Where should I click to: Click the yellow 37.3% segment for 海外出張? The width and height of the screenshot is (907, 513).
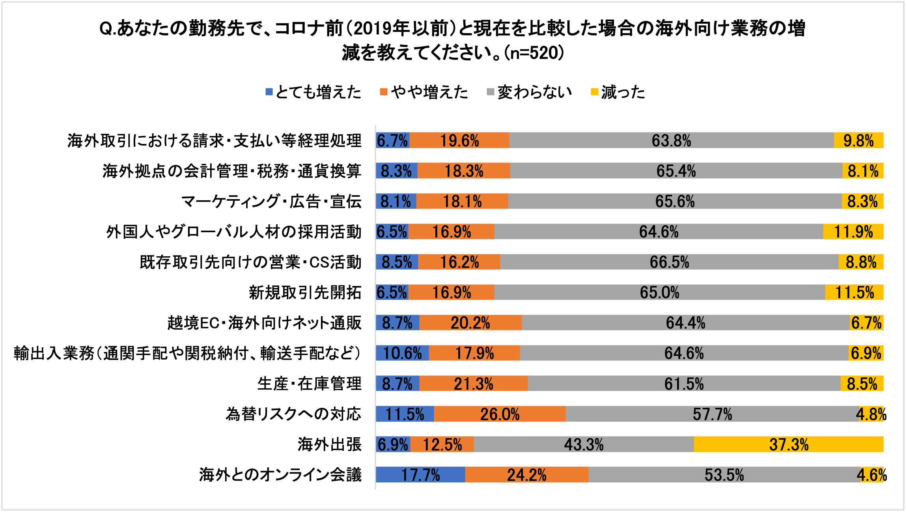point(789,444)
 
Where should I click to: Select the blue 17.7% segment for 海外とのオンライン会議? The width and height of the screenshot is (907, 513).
point(420,475)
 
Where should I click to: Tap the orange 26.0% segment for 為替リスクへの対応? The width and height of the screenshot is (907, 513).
point(500,414)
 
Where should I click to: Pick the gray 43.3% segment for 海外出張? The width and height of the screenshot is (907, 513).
point(584,444)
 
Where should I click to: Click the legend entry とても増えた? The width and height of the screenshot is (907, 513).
point(314,92)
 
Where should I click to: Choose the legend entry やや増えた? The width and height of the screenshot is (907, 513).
point(424,92)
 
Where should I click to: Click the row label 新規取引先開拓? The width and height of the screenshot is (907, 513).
point(305,293)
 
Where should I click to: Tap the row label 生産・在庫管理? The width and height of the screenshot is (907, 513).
point(309,384)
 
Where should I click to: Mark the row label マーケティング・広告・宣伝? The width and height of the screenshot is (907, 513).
point(271,201)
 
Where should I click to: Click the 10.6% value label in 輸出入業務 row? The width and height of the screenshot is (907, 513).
point(402,353)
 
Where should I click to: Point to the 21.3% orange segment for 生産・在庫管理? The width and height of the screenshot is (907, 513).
point(473,384)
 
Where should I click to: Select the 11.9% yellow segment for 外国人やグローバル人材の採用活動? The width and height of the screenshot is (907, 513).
point(853,232)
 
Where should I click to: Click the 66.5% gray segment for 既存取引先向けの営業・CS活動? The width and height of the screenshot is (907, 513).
point(669,262)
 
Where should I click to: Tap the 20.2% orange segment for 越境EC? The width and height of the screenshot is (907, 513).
point(470,323)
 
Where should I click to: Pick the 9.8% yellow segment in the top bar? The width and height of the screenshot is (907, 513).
point(858,141)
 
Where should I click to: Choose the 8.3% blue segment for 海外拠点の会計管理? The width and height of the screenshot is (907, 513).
point(396,171)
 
